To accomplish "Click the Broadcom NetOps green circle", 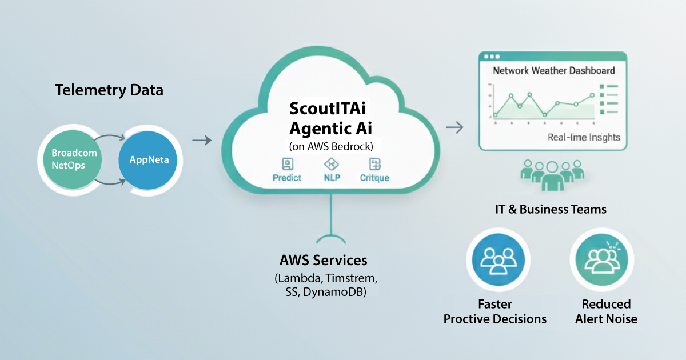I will click(x=74, y=159).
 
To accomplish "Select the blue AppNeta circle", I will click(x=149, y=159).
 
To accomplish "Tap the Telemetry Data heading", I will click(x=109, y=90).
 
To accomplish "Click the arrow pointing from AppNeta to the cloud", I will click(x=201, y=139).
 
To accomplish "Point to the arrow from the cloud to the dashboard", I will click(x=454, y=127).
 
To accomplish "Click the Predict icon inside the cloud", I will click(x=287, y=165).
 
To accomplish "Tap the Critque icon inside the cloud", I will click(x=374, y=165).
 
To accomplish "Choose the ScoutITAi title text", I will click(x=330, y=108).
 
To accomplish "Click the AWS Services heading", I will click(x=323, y=261).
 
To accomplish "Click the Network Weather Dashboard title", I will click(x=553, y=70).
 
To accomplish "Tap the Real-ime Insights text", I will click(x=583, y=138).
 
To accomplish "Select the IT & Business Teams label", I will click(x=551, y=209).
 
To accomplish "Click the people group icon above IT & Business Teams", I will click(x=551, y=174).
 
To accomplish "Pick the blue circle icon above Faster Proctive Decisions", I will click(x=495, y=260).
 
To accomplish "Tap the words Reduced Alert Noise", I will click(x=606, y=311).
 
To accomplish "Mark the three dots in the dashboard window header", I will click(x=491, y=57).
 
